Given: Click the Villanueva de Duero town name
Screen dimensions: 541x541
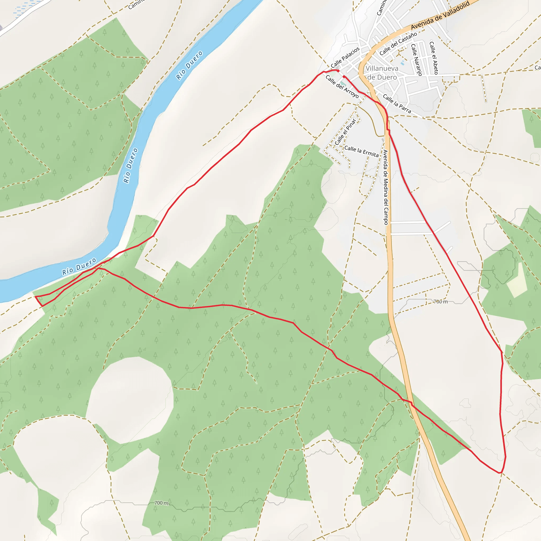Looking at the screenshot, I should pyautogui.click(x=382, y=73).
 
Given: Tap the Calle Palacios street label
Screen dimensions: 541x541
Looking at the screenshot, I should pyautogui.click(x=345, y=57).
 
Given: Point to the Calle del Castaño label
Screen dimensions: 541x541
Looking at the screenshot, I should pyautogui.click(x=398, y=43).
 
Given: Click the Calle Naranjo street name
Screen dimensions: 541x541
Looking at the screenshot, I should pyautogui.click(x=416, y=60).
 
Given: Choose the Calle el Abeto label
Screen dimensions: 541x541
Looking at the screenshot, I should pyautogui.click(x=433, y=58).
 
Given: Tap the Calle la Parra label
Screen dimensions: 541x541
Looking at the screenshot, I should pyautogui.click(x=397, y=104).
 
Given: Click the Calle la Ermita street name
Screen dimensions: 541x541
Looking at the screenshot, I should pyautogui.click(x=361, y=151).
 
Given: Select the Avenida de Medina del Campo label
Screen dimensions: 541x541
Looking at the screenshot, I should pyautogui.click(x=386, y=187).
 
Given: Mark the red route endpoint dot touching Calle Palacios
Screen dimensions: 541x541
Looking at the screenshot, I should pyautogui.click(x=338, y=71).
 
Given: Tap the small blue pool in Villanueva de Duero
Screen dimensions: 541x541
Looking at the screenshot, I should pyautogui.click(x=403, y=63).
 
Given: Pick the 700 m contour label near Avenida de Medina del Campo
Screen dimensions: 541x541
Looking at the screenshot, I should pyautogui.click(x=441, y=302).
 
